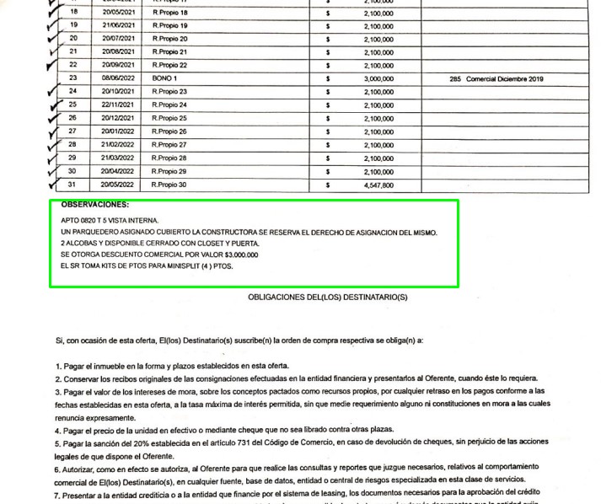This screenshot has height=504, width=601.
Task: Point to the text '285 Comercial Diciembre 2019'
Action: pyautogui.click(x=497, y=78)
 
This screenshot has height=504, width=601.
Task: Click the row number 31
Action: pyautogui.click(x=73, y=185)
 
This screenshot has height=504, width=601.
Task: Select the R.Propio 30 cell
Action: pyautogui.click(x=169, y=185)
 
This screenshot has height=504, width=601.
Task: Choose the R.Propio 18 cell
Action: pyautogui.click(x=169, y=13)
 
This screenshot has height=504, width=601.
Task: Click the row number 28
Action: pyautogui.click(x=73, y=145)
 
